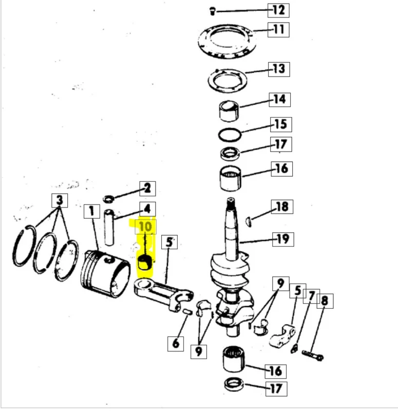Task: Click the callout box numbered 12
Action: tap(278, 10)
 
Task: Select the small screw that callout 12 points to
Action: tap(213, 12)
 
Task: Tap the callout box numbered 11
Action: tap(278, 30)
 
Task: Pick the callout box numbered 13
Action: tap(279, 69)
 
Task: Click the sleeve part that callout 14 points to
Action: tap(229, 110)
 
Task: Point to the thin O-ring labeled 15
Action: tap(230, 135)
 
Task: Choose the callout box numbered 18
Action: tap(282, 207)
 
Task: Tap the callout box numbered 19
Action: tap(283, 239)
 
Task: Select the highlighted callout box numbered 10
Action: tap(146, 227)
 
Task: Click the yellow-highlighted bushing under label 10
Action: tap(145, 263)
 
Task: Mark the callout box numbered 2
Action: tap(147, 189)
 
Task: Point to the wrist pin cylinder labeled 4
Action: tap(109, 227)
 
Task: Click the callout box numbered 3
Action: tap(60, 200)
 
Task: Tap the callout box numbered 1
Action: tap(92, 211)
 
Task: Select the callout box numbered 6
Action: tap(176, 343)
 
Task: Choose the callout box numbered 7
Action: tap(311, 296)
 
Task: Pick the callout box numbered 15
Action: tap(281, 124)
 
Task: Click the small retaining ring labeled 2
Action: tap(108, 199)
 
